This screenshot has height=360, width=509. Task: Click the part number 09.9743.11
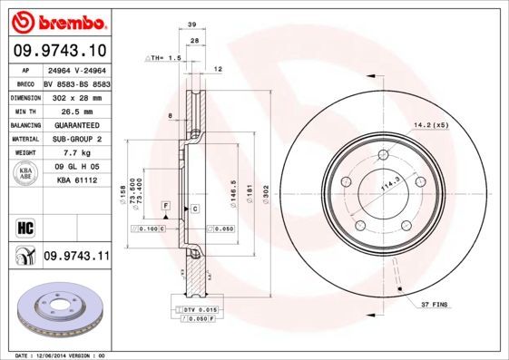tap(76, 258)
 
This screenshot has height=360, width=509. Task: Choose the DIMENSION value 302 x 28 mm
tap(75, 96)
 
